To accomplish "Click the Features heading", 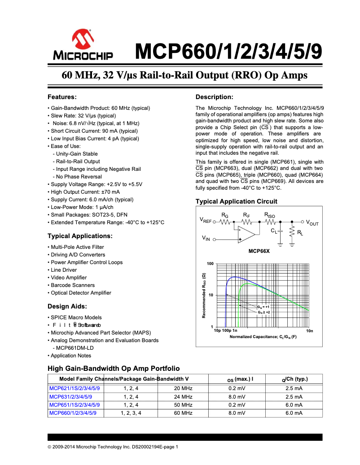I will coord(62,97).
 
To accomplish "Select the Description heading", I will coord(214,97).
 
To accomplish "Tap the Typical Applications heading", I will coord(80,236).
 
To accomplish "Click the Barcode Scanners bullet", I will coord(72,285).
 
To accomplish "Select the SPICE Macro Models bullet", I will coord(76,317).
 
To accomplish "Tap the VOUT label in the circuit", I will coord(312,222).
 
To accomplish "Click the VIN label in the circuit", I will coord(206,239).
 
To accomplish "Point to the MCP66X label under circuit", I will coord(259,252).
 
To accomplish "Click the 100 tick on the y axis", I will coord(210,263).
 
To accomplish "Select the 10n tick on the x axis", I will coord(309,331).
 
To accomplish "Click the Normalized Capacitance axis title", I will coord(263,336).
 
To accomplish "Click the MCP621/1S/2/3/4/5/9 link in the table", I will coord(75,388).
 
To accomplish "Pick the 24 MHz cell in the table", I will coord(183,396).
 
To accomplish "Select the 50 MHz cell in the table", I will coord(183,405).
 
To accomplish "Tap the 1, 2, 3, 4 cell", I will coord(131,413).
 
